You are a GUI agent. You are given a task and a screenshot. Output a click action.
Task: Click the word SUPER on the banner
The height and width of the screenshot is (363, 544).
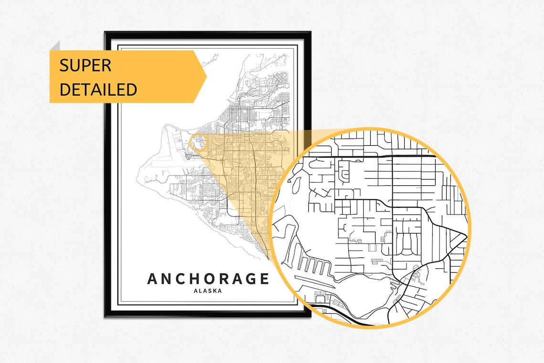click(85, 65)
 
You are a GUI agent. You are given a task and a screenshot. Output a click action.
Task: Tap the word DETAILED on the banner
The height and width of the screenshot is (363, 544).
click(98, 89)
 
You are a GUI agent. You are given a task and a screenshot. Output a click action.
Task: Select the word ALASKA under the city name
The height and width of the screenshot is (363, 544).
click(208, 290)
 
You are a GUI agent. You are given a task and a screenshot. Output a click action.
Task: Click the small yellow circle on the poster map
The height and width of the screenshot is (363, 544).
click(199, 142)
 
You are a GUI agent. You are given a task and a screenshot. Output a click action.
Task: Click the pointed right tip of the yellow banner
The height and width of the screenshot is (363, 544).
click(206, 76)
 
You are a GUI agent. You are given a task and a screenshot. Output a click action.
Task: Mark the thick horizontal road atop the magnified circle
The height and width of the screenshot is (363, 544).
click(372, 156)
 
